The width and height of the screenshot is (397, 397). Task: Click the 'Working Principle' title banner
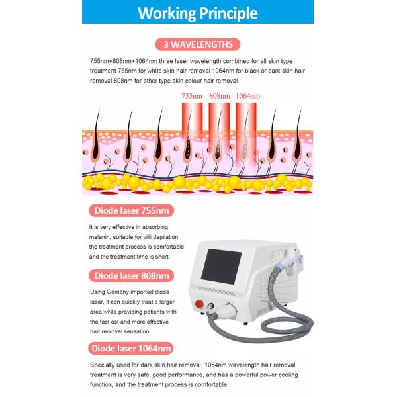click(x=198, y=12)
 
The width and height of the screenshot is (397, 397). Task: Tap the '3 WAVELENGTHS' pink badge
click(x=198, y=44)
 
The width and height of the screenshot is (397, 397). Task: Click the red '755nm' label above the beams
click(x=192, y=96)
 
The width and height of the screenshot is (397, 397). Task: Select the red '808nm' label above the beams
click(x=220, y=96)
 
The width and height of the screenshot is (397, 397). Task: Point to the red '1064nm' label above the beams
click(x=247, y=96)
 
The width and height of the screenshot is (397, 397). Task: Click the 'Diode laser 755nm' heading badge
click(x=132, y=210)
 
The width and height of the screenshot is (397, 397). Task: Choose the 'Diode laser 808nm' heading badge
click(x=132, y=275)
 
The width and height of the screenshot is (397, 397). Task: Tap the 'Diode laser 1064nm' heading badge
click(x=131, y=349)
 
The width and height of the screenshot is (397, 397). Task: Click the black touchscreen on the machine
click(x=221, y=266)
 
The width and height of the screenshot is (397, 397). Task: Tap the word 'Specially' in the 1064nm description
click(x=101, y=365)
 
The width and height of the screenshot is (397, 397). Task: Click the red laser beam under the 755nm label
click(x=192, y=121)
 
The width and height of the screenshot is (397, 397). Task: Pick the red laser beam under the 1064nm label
click(x=246, y=134)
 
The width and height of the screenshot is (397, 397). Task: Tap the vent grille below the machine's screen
click(x=216, y=291)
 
